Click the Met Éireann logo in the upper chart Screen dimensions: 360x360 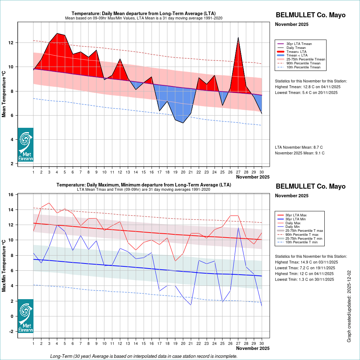pyautogui.click(x=26, y=145)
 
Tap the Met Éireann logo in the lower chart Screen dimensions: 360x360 pyautogui.click(x=26, y=316)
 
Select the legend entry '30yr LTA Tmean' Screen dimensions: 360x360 pyautogui.click(x=299, y=44)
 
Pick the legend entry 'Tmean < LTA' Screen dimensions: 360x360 pyautogui.click(x=297, y=55)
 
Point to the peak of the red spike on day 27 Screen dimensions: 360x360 pyautogui.click(x=238, y=37)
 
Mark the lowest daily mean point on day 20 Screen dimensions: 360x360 pyautogui.click(x=183, y=123)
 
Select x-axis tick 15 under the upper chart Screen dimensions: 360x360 pyautogui.click(x=144, y=172)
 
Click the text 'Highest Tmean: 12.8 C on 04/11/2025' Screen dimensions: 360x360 pyautogui.click(x=307, y=87)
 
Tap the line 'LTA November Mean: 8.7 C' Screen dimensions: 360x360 pyautogui.click(x=299, y=147)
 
